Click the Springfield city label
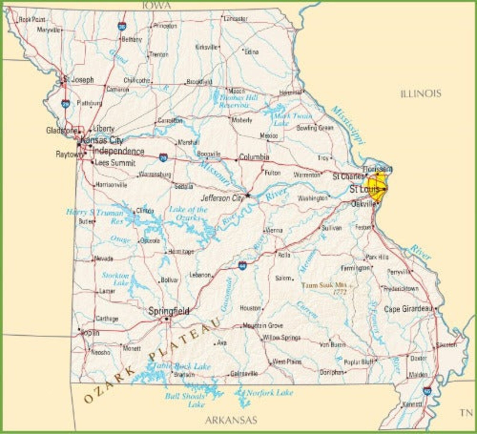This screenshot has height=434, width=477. (169, 311)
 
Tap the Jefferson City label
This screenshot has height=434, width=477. (222, 198)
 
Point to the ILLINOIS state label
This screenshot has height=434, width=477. (421, 94)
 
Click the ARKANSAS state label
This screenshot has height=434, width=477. (231, 420)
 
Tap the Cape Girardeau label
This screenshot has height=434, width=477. (408, 309)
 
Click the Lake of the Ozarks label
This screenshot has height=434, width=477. (188, 213)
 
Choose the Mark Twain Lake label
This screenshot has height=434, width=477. (292, 119)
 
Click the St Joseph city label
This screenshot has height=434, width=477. (79, 80)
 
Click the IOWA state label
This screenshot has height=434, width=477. (156, 5)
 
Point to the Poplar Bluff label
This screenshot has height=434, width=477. (358, 362)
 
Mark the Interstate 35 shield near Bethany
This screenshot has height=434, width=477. (122, 26)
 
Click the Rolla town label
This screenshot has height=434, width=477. (284, 255)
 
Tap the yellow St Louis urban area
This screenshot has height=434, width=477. (377, 186)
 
